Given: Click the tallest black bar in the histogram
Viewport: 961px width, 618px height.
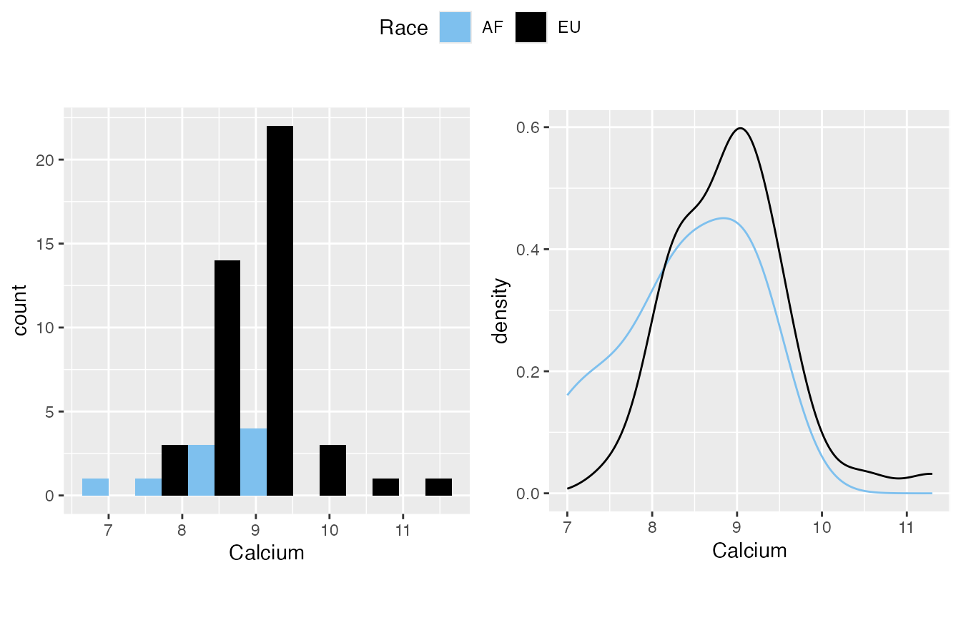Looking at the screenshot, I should (x=280, y=310).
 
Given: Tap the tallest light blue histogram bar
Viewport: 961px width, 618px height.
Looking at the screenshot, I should (x=253, y=462).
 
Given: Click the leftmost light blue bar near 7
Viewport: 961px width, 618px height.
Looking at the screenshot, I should (x=95, y=487).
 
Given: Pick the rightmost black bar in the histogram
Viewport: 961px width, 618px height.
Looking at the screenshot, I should (x=438, y=487).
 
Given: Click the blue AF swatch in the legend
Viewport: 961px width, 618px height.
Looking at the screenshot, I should (x=455, y=27).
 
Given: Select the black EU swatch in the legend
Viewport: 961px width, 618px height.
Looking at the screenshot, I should (x=531, y=27).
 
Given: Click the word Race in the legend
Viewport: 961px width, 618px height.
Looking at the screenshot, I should (x=403, y=28).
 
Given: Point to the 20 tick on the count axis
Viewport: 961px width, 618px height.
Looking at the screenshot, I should (x=45, y=160).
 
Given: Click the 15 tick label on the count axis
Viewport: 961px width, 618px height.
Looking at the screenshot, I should (x=45, y=244).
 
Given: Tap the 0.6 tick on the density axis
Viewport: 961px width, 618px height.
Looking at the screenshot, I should (x=529, y=127).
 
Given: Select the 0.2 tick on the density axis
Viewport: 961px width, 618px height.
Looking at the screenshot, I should (x=529, y=372).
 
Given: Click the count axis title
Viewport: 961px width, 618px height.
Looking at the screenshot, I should (x=20, y=309).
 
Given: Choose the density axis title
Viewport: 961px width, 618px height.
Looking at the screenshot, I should (x=501, y=310).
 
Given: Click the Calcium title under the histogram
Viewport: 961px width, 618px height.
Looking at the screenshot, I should (x=266, y=553).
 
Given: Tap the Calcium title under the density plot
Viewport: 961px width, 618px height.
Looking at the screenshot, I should (x=749, y=551).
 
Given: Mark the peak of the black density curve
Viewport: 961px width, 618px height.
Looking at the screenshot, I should (x=741, y=128).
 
